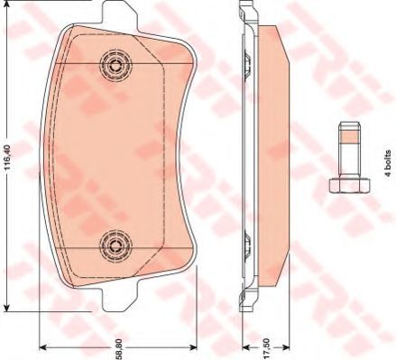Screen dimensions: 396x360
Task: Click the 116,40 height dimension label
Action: click(x=8, y=157)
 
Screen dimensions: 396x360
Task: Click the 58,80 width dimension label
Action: click(x=119, y=349)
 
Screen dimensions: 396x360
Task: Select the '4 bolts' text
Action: click(x=388, y=163)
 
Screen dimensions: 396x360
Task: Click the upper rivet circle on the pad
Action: click(x=115, y=65)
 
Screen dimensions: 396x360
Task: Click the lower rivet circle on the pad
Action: click(x=115, y=245)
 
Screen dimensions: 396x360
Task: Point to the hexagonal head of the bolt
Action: click(x=349, y=185)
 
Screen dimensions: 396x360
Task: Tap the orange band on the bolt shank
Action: click(x=349, y=136)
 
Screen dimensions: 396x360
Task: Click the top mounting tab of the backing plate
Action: click(x=120, y=15)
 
